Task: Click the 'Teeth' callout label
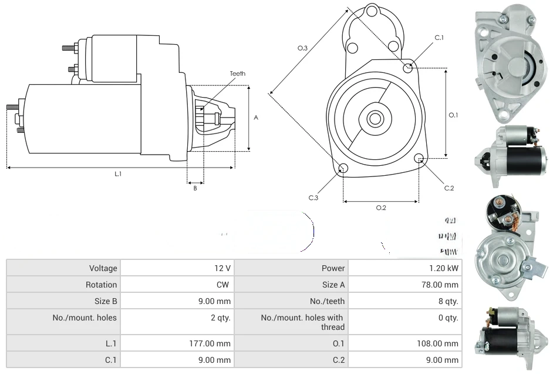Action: (x=237, y=74)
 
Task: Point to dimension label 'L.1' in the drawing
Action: (x=118, y=174)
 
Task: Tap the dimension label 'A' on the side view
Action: (x=256, y=118)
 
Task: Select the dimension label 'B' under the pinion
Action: (x=195, y=188)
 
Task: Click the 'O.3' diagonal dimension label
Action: (x=302, y=48)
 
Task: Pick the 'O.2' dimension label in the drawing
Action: (x=381, y=208)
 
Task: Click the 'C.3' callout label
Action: (x=313, y=198)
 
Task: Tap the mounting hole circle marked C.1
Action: (x=408, y=68)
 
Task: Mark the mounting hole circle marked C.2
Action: (x=419, y=159)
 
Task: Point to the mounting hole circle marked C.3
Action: (x=343, y=169)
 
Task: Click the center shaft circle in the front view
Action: (x=375, y=119)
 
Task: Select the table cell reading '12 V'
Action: (x=222, y=268)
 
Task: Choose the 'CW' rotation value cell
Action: (x=225, y=285)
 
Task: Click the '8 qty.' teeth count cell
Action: (x=450, y=301)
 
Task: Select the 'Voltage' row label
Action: (x=103, y=268)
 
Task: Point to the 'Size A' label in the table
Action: (x=333, y=285)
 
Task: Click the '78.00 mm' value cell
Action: (x=443, y=285)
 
